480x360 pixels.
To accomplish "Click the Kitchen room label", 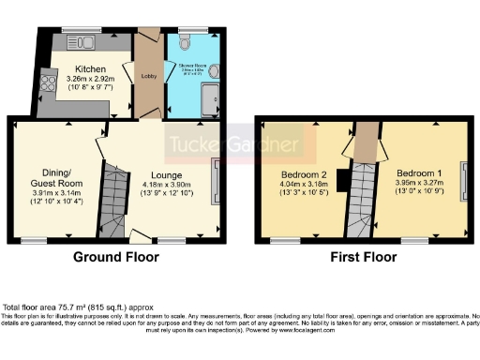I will (90, 70).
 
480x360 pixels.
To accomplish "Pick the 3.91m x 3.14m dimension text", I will (49, 191).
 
